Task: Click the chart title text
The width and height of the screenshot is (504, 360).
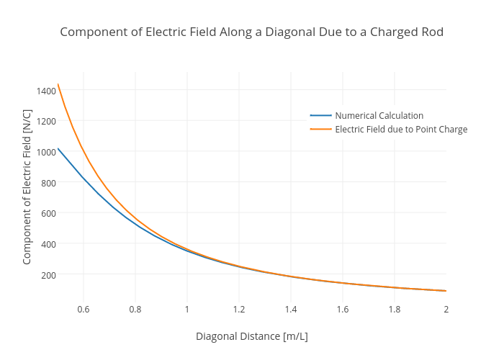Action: click(x=251, y=32)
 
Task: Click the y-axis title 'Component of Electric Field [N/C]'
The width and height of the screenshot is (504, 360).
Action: click(x=27, y=187)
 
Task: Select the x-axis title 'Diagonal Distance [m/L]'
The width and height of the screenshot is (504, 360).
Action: click(x=251, y=336)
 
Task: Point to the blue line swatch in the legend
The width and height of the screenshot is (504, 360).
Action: click(x=321, y=115)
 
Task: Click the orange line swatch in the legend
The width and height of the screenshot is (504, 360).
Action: click(x=321, y=130)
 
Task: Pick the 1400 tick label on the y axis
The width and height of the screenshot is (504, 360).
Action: click(x=45, y=91)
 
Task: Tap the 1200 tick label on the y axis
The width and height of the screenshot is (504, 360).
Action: click(x=45, y=121)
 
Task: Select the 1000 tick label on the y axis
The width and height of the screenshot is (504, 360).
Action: click(x=45, y=152)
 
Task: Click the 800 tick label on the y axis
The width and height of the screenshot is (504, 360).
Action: click(x=48, y=183)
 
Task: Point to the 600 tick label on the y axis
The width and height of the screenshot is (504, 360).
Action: click(x=48, y=213)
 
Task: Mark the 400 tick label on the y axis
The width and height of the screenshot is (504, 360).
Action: click(x=48, y=244)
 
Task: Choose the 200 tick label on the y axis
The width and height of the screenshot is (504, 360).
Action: click(x=48, y=275)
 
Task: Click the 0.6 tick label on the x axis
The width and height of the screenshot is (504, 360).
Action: click(x=84, y=310)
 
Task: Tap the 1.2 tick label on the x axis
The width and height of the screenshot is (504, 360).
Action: click(x=239, y=310)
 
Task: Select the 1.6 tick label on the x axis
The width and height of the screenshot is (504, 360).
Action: click(x=343, y=310)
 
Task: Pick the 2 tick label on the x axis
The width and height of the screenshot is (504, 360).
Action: click(x=446, y=310)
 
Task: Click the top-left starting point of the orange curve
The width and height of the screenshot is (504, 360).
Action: click(x=58, y=84)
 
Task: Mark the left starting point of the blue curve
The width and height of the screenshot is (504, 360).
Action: click(x=58, y=148)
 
